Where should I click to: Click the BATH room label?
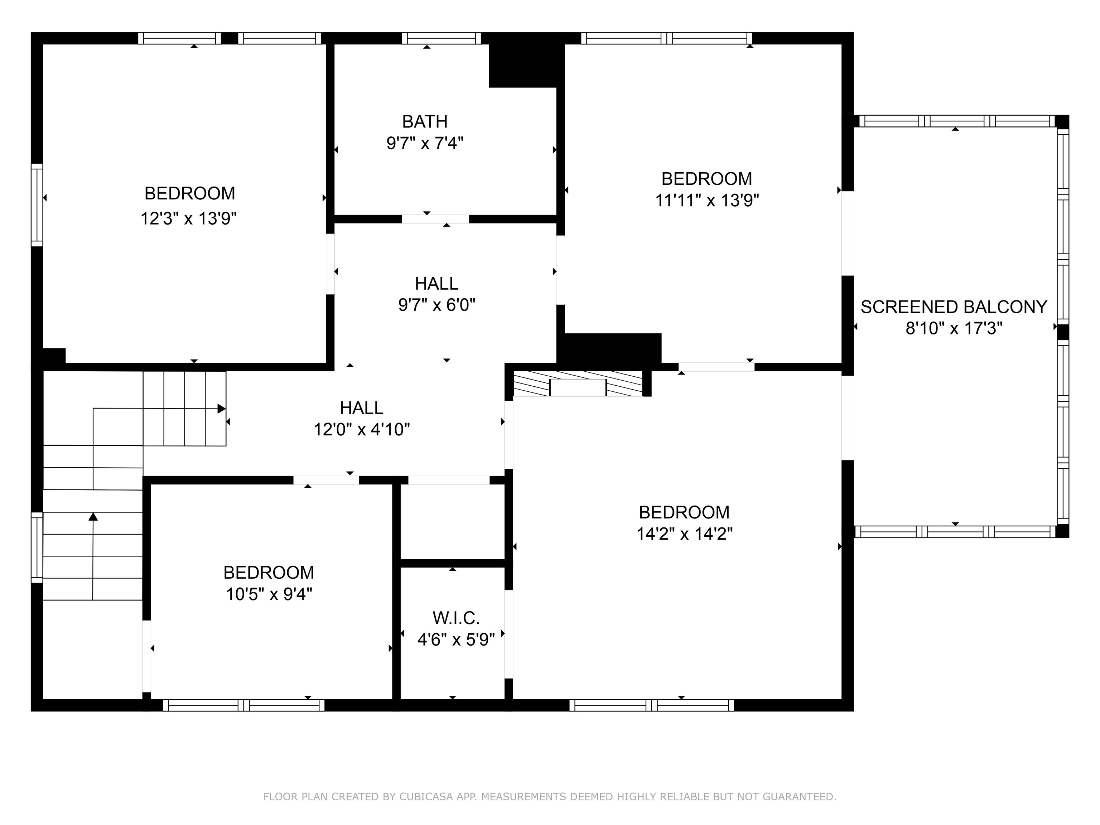[x=425, y=121]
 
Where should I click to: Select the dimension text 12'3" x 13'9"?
[x=188, y=218]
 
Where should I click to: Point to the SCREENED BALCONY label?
[x=954, y=307]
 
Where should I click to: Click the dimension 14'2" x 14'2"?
[x=685, y=534]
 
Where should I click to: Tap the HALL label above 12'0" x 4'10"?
[x=362, y=408]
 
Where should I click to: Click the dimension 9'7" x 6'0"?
[x=436, y=304]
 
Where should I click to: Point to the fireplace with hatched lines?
[x=578, y=383]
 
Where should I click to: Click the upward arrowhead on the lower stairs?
[x=93, y=517]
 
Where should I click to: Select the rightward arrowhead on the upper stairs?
[x=222, y=409]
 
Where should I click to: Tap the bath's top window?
[x=441, y=38]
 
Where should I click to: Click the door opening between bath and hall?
[x=435, y=219]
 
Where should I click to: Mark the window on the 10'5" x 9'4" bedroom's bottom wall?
[x=244, y=705]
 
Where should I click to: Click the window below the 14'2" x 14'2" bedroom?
[x=651, y=705]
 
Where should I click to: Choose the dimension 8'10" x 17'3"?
[x=954, y=329]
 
